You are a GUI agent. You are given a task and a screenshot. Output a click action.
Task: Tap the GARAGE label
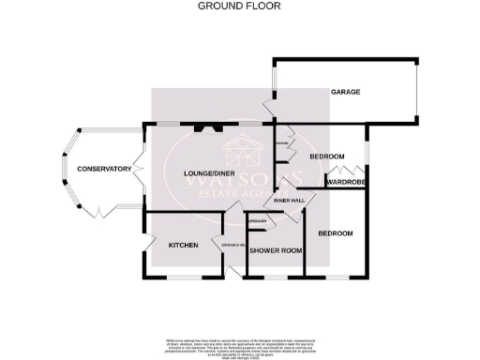coord(345,92)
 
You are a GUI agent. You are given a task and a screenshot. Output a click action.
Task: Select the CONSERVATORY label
coord(103,169)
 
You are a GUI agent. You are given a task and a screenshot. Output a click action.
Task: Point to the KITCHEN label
coord(183,245)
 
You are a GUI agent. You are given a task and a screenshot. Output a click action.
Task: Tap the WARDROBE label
coord(347,183)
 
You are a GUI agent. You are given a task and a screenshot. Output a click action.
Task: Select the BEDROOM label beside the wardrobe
coord(327,156)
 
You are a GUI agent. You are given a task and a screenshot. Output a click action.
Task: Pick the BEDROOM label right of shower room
coord(335,232)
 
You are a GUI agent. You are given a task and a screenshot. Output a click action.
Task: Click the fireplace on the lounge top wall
coord(208,127)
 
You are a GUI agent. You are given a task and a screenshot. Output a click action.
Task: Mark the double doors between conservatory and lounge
coord(140,167)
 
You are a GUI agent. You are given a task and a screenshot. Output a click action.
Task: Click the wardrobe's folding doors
coord(335,173)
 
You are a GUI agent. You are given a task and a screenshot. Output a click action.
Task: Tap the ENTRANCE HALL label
coord(232,246)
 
